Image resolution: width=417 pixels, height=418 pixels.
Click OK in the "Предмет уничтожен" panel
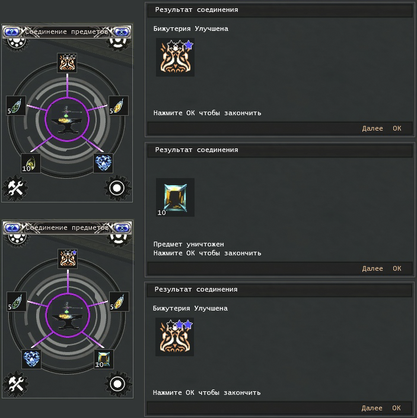(397, 268)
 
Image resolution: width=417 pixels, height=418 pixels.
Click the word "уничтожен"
(205, 244)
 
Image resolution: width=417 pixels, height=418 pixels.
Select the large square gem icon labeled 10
(175, 197)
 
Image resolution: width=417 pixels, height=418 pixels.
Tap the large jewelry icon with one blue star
(175, 58)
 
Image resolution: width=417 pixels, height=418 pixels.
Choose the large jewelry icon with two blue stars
(174, 337)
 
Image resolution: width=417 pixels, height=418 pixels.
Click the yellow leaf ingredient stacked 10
(31, 163)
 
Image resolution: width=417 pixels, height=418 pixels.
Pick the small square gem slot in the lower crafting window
(104, 359)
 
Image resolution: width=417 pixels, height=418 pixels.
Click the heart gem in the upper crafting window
(103, 163)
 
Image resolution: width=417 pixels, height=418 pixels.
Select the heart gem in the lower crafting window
(31, 359)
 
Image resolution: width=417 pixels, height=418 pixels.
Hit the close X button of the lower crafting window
(122, 228)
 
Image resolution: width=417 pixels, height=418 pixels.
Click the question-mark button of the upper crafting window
(12, 32)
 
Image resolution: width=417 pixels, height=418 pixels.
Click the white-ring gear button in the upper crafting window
(117, 188)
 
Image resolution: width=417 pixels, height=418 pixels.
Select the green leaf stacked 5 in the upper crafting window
(16, 106)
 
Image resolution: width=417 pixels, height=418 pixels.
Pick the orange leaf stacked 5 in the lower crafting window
(119, 302)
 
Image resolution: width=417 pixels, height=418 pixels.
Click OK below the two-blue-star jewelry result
(396, 408)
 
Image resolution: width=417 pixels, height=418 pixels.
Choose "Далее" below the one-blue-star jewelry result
(373, 128)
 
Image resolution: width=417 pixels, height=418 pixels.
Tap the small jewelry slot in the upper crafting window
(67, 63)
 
